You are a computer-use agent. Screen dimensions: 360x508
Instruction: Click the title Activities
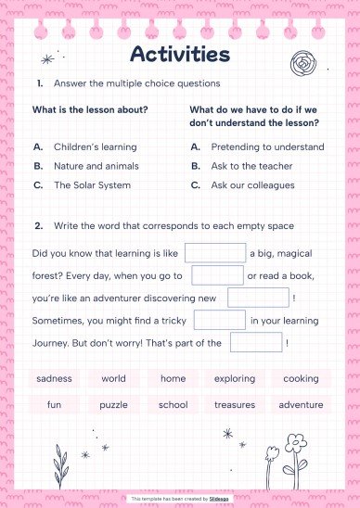click(x=180, y=55)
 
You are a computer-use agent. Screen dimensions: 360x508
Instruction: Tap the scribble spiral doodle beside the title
click(x=302, y=65)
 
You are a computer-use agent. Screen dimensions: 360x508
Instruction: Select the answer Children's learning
click(x=95, y=146)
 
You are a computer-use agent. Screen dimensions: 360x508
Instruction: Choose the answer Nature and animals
click(x=96, y=166)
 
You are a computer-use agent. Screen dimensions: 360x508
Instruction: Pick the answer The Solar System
click(x=92, y=184)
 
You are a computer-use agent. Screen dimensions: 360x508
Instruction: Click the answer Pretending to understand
click(x=267, y=146)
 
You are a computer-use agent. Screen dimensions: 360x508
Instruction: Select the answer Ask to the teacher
click(x=251, y=166)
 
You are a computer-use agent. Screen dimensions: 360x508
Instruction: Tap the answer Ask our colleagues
click(x=252, y=184)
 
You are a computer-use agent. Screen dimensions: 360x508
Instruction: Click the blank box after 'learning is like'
click(x=215, y=252)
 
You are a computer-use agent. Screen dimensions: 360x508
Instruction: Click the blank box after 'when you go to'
click(x=217, y=275)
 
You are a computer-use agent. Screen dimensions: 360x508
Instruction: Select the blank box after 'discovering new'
click(x=258, y=298)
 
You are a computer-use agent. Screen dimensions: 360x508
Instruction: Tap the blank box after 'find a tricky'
click(x=219, y=320)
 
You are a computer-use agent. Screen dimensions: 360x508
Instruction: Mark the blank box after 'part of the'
click(x=255, y=342)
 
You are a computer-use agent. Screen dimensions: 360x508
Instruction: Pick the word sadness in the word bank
click(x=54, y=378)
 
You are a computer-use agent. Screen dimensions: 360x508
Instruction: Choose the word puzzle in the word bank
click(x=113, y=404)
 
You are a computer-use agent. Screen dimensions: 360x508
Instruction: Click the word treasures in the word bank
click(x=234, y=404)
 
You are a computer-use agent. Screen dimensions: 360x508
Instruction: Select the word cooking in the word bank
click(x=301, y=378)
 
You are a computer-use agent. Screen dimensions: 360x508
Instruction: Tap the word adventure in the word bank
click(x=301, y=404)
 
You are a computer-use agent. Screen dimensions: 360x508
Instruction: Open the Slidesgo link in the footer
click(x=219, y=499)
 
